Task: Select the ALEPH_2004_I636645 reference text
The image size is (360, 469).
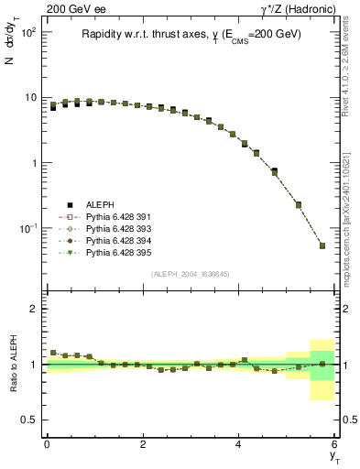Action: tap(191, 274)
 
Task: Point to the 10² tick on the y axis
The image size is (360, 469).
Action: tap(28, 32)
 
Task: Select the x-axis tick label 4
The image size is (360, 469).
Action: tap(239, 444)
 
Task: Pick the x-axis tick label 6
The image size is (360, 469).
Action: tap(335, 444)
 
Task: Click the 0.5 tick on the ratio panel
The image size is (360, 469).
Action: tap(29, 420)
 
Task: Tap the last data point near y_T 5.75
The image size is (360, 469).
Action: tap(322, 245)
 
